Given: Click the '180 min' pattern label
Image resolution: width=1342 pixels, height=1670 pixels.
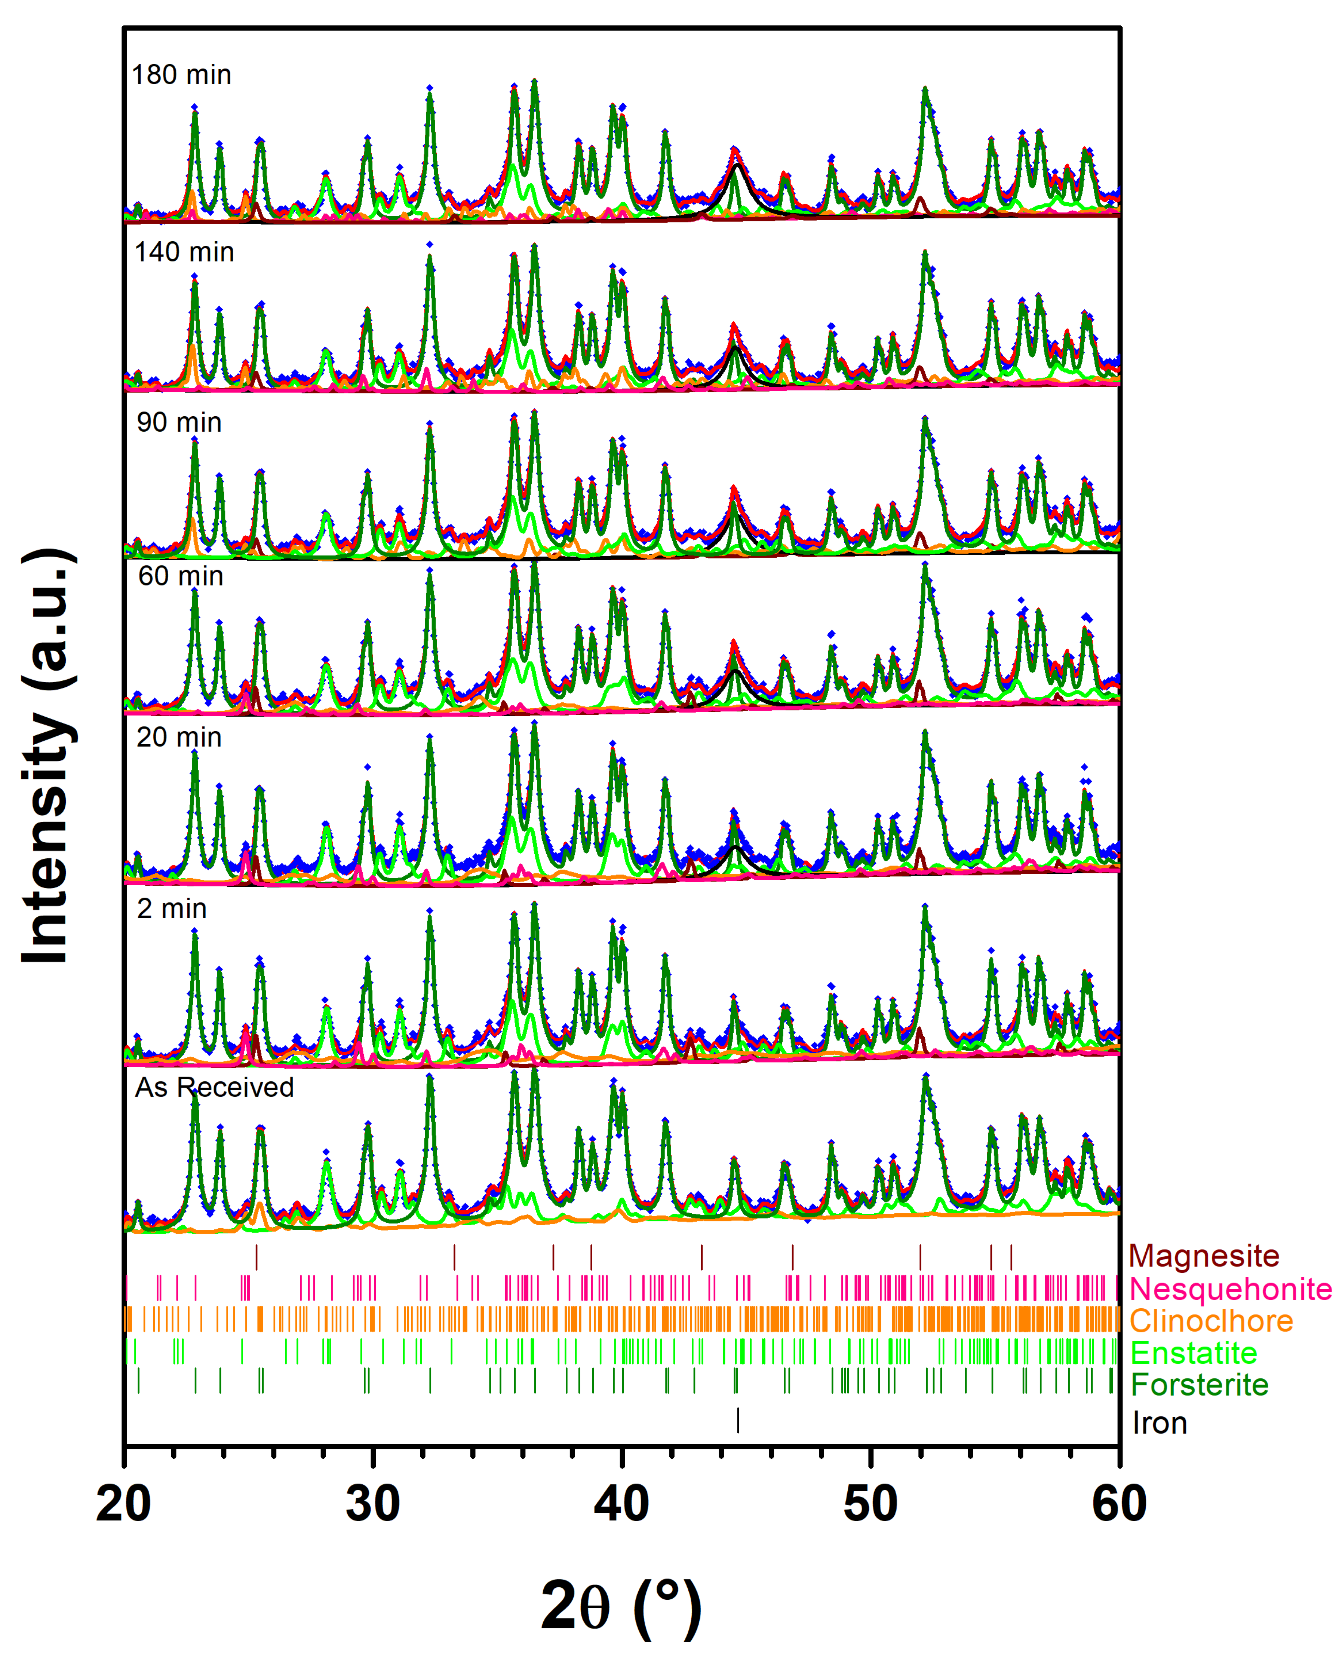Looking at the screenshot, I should [x=181, y=75].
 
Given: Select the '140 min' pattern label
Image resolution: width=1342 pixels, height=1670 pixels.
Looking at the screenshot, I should [x=184, y=252].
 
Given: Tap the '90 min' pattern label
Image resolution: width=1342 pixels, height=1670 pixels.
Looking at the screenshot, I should [x=179, y=423].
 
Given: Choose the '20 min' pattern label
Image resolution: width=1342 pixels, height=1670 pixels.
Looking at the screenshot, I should [x=179, y=738].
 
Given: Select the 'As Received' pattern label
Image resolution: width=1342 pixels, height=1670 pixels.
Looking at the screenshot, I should [x=215, y=1088].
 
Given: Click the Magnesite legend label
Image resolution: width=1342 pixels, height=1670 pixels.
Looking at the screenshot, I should [x=1203, y=1256].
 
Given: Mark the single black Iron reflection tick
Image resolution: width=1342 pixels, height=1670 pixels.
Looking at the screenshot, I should [x=738, y=1420].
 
